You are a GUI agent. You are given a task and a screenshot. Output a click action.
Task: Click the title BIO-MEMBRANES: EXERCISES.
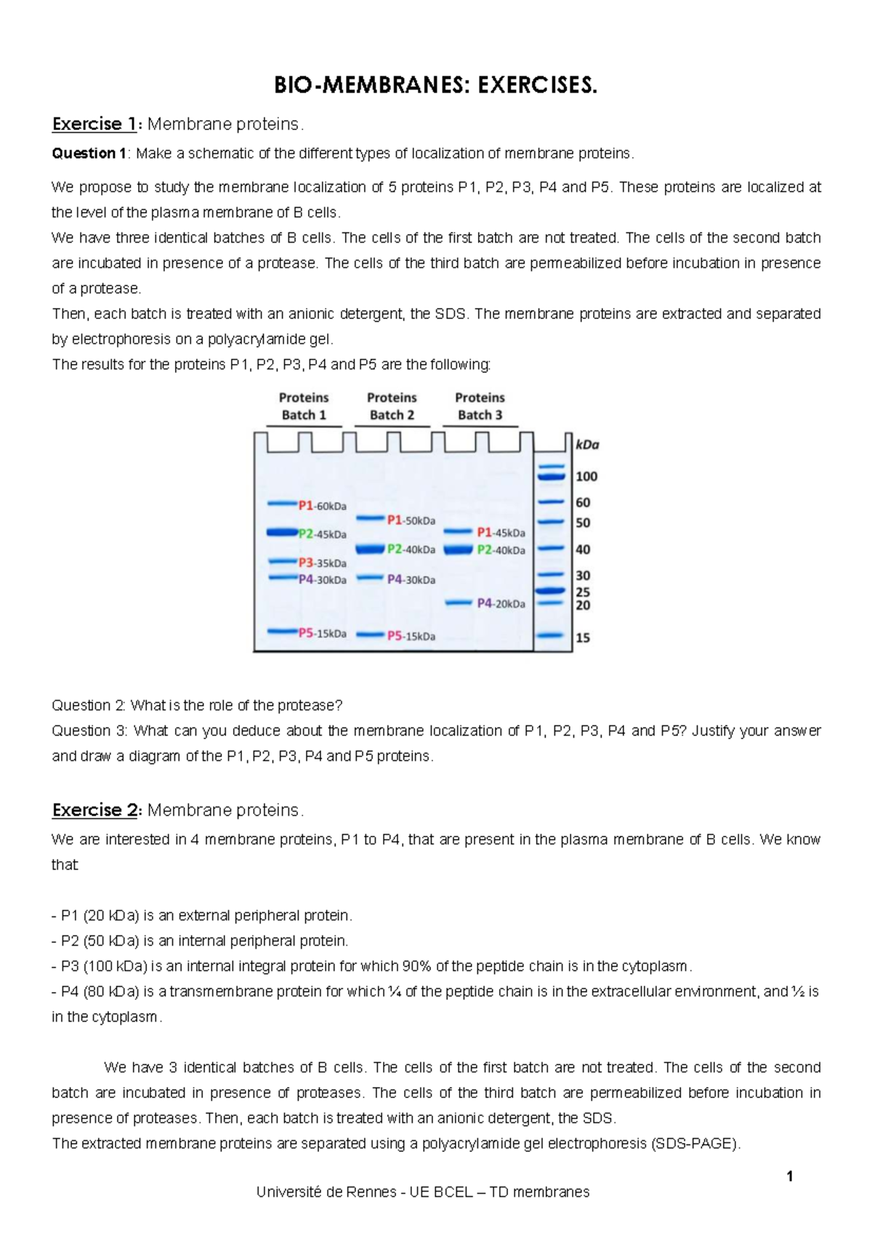(435, 86)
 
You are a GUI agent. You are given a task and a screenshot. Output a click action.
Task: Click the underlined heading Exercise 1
(94, 124)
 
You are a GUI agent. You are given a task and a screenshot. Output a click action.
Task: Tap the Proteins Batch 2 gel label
(392, 406)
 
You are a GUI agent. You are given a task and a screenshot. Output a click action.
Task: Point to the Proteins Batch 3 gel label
(480, 406)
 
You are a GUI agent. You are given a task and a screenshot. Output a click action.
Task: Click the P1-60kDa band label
(322, 506)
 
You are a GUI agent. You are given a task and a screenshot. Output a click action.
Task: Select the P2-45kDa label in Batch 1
(322, 534)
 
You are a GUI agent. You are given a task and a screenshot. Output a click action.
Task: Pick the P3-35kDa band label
(322, 562)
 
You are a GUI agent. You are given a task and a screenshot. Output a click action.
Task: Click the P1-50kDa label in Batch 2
(411, 520)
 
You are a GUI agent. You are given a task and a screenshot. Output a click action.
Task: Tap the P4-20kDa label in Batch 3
(501, 603)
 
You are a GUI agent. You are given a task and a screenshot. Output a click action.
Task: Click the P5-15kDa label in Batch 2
(411, 636)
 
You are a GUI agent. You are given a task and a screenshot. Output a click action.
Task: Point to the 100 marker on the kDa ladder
(586, 477)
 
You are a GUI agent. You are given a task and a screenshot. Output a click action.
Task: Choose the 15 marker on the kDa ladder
(583, 637)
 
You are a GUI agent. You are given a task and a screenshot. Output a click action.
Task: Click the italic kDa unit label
(587, 445)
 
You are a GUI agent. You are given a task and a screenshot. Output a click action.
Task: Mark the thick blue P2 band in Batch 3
(458, 550)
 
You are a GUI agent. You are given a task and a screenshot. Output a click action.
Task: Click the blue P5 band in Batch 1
(282, 632)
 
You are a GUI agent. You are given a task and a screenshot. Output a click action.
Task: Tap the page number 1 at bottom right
(789, 1176)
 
